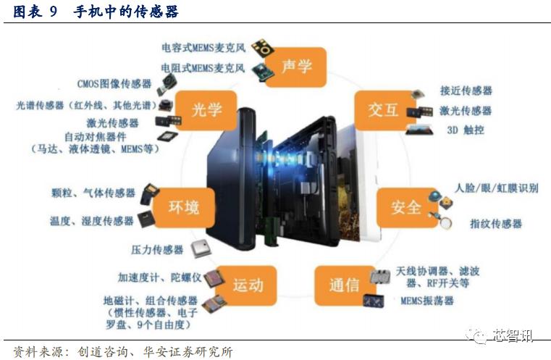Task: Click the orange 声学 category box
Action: pyautogui.click(x=296, y=67)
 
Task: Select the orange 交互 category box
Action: pyautogui.click(x=384, y=110)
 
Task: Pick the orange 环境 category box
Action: pyautogui.click(x=184, y=207)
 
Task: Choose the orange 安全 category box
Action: pyautogui.click(x=407, y=207)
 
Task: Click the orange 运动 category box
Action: pyautogui.click(x=246, y=285)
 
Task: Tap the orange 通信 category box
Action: pyautogui.click(x=345, y=285)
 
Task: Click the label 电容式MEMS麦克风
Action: pyautogui.click(x=203, y=48)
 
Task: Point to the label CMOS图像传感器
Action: pyautogui.click(x=114, y=84)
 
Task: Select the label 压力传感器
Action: pyautogui.click(x=157, y=250)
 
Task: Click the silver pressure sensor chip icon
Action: pyautogui.click(x=201, y=249)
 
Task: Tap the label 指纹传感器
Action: pyautogui.click(x=496, y=224)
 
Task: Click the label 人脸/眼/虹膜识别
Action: pyautogui.click(x=497, y=188)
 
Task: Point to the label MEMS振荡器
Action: pyautogui.click(x=427, y=301)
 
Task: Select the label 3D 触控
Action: pyautogui.click(x=466, y=130)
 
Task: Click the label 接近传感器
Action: pyautogui.click(x=466, y=91)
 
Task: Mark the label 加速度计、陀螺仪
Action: pyautogui.click(x=159, y=277)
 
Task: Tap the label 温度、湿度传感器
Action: pyautogui.click(x=92, y=221)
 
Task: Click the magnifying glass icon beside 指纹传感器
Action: pyautogui.click(x=445, y=222)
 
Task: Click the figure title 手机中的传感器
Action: pyautogui.click(x=125, y=12)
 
